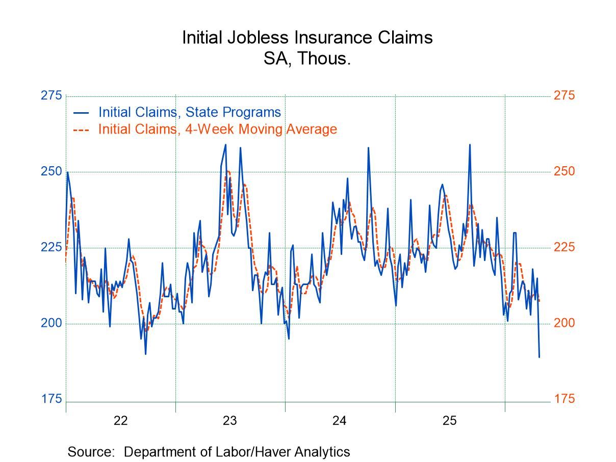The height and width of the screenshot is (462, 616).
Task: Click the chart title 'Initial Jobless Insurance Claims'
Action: click(x=307, y=38)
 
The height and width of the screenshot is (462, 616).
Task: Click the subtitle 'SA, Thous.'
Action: click(x=307, y=59)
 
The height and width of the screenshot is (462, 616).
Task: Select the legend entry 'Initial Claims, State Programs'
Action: click(x=189, y=112)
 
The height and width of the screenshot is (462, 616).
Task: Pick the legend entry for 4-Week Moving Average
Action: click(x=217, y=129)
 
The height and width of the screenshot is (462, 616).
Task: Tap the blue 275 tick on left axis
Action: click(x=51, y=96)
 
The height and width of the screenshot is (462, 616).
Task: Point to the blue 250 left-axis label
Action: click(x=51, y=171)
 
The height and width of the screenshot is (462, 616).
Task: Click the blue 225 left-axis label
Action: click(x=51, y=247)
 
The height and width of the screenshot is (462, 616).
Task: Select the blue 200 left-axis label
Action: click(x=51, y=323)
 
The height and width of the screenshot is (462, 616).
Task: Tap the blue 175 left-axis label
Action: click(x=51, y=399)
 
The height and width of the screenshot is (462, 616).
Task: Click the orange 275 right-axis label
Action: click(x=564, y=96)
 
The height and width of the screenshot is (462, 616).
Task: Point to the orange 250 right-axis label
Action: click(x=564, y=171)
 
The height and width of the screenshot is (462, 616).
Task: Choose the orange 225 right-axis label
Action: click(x=564, y=247)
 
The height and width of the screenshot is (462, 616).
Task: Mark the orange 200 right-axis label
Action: click(x=564, y=323)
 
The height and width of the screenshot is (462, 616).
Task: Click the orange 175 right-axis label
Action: click(x=564, y=399)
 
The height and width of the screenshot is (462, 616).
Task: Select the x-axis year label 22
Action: click(x=120, y=421)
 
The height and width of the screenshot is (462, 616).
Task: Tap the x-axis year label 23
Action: click(x=230, y=421)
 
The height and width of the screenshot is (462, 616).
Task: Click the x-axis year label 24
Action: click(x=340, y=421)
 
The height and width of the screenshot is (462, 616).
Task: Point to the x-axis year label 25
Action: click(x=449, y=421)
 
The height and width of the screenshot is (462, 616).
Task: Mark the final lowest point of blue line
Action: click(x=539, y=357)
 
